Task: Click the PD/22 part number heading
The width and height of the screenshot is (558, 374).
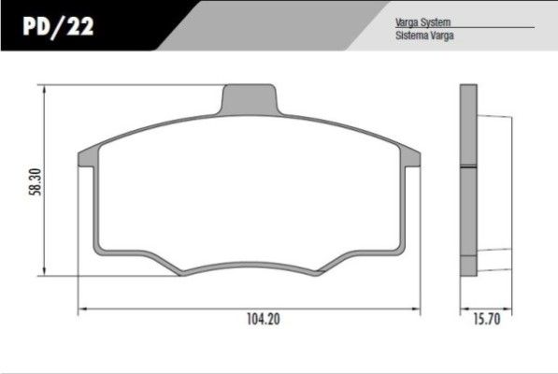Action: click(58, 26)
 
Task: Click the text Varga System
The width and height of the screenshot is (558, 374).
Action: click(422, 22)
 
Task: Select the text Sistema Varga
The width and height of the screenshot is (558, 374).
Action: click(424, 36)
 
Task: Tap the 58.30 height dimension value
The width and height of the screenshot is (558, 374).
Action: click(36, 181)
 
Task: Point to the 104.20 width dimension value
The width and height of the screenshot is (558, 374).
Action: click(264, 319)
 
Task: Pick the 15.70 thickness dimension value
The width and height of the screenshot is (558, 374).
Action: click(486, 319)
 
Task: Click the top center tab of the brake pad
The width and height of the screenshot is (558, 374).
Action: click(250, 99)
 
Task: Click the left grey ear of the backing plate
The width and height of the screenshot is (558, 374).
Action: click(88, 157)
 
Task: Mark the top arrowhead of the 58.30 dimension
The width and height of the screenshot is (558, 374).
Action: click(44, 89)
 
